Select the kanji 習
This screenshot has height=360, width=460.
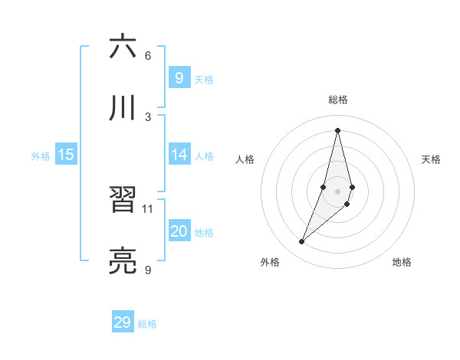point(123,201)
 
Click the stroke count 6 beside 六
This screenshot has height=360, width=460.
point(148,56)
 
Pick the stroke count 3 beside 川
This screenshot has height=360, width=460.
point(148,116)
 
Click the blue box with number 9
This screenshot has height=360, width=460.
point(179,77)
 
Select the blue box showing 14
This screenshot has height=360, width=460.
point(179,155)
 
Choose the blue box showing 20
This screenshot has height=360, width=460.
point(179,231)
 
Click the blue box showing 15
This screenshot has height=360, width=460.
point(66,155)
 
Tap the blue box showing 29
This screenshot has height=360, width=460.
point(122,322)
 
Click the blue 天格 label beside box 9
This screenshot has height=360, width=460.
point(204,80)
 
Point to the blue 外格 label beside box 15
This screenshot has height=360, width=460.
point(41,156)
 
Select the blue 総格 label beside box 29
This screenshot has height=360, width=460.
point(147,324)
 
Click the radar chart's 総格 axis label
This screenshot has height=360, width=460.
point(338,100)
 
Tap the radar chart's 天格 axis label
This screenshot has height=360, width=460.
point(432,159)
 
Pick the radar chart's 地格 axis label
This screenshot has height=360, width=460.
point(402,262)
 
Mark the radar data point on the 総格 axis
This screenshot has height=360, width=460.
point(338,130)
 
